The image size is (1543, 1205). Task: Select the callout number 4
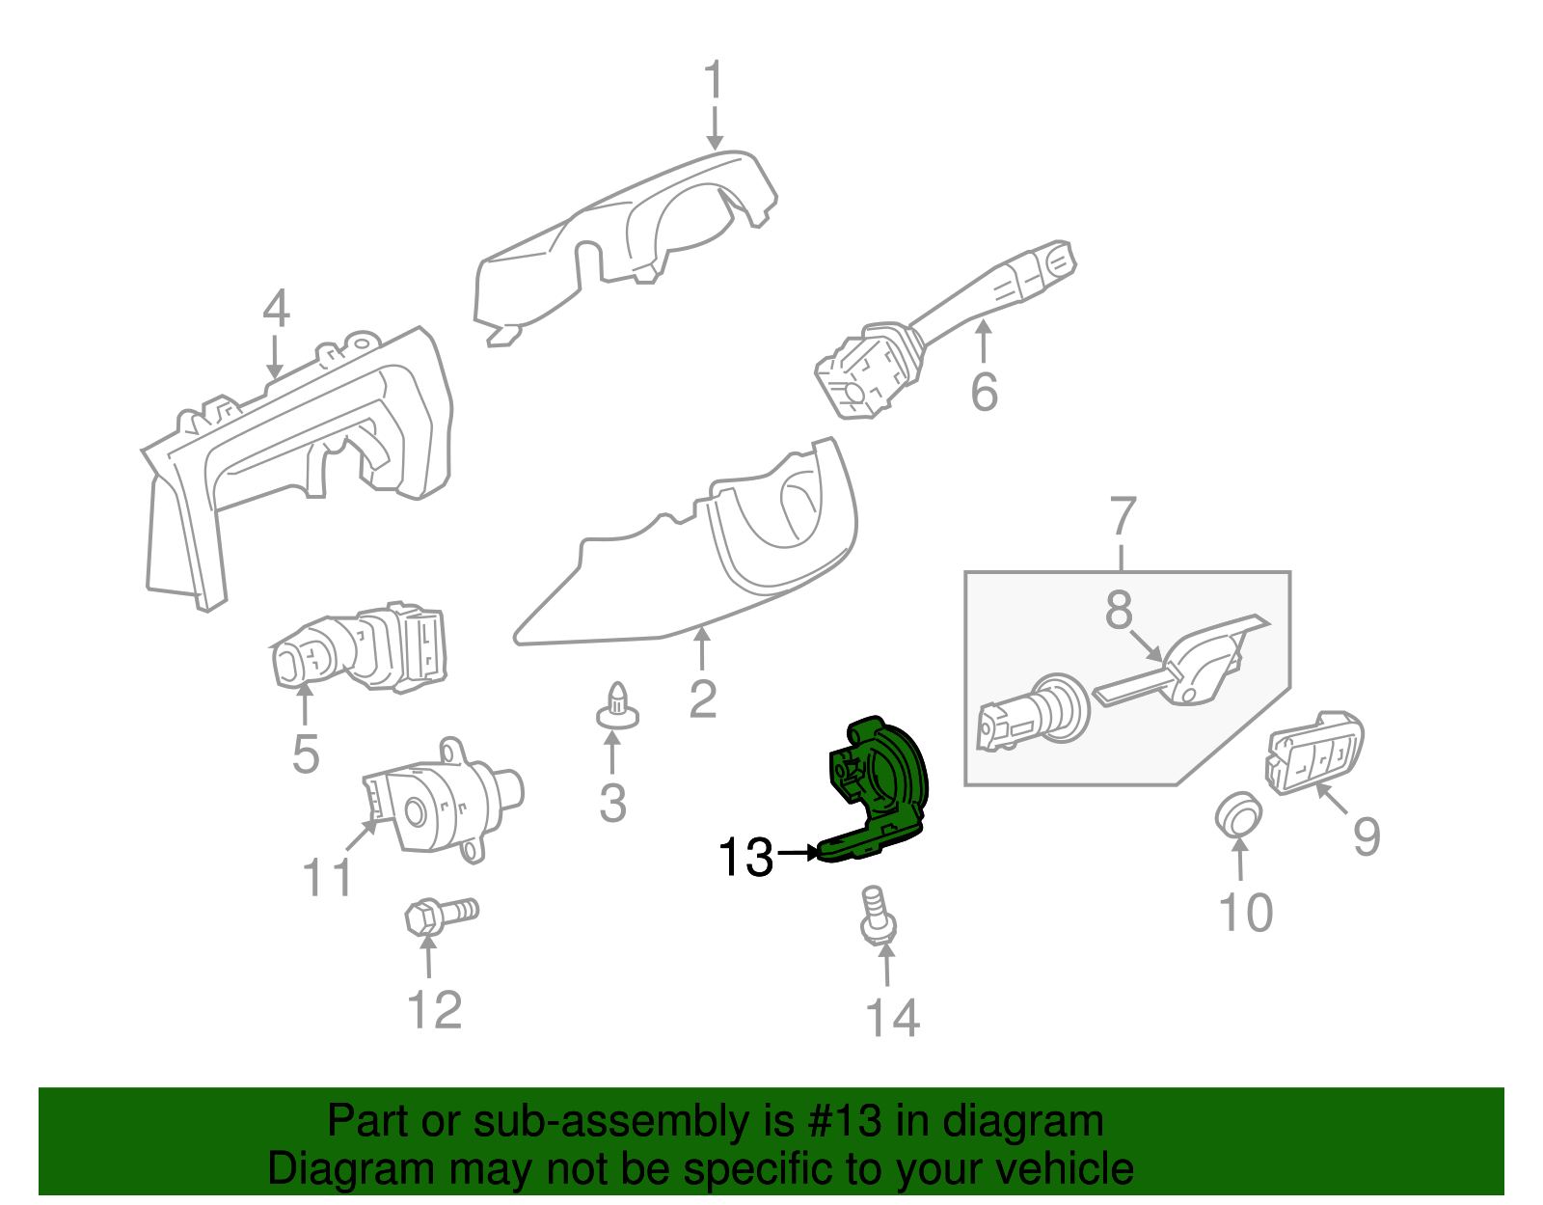pyautogui.click(x=276, y=308)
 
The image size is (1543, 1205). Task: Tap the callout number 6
pyautogui.click(x=985, y=392)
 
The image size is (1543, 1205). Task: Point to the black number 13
pyautogui.click(x=745, y=857)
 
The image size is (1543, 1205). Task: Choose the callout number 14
pyautogui.click(x=893, y=1018)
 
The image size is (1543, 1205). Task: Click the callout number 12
pyautogui.click(x=435, y=1009)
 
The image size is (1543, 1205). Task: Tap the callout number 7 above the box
pyautogui.click(x=1122, y=516)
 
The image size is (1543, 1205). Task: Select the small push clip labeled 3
pyautogui.click(x=617, y=706)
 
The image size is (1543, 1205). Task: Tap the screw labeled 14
pyautogui.click(x=878, y=916)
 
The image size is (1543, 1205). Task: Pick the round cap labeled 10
pyautogui.click(x=1237, y=813)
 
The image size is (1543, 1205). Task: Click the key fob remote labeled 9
pyautogui.click(x=1313, y=753)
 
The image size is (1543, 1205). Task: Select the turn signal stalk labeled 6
pyautogui.click(x=945, y=330)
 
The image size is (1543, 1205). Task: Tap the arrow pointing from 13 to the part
pyautogui.click(x=799, y=852)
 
